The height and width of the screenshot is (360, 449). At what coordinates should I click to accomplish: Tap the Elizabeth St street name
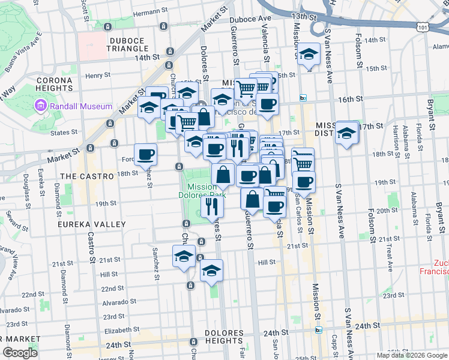click(121, 330)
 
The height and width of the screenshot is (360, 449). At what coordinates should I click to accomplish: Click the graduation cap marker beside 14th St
click(309, 55)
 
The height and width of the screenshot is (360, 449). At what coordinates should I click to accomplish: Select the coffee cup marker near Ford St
click(146, 155)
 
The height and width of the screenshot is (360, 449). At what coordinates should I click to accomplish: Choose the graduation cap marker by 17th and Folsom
click(346, 133)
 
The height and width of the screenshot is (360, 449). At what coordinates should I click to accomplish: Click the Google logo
click(20, 353)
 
